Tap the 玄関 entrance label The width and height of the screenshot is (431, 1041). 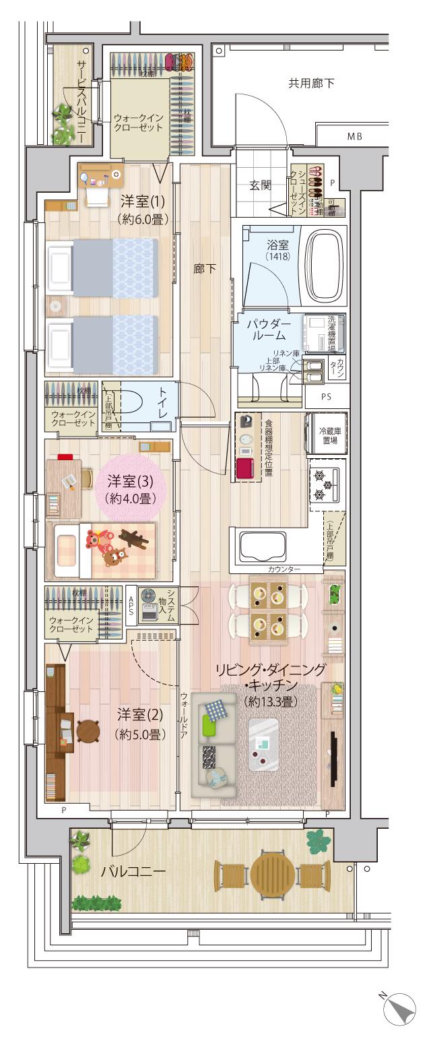[261, 185]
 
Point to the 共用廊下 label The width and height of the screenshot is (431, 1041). [311, 84]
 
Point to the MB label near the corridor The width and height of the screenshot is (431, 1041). [354, 137]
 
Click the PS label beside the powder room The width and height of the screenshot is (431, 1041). [327, 396]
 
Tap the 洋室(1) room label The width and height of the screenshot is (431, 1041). [139, 200]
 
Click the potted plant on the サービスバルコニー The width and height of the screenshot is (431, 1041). [64, 123]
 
